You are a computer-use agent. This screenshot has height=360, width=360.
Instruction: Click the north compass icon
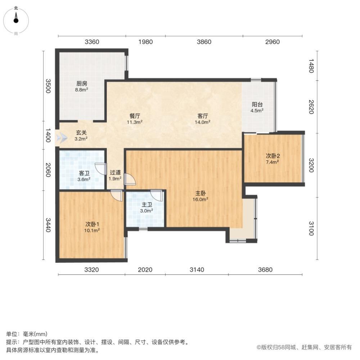[16, 20]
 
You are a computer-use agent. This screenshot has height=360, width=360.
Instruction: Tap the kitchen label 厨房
[82, 84]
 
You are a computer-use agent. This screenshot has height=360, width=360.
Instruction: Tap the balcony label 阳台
[257, 105]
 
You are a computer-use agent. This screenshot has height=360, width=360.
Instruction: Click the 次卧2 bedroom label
[273, 156]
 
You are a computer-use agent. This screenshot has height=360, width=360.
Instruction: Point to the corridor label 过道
[115, 172]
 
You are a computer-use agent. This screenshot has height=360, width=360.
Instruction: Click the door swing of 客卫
[99, 168]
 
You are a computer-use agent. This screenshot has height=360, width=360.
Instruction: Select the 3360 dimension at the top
[92, 42]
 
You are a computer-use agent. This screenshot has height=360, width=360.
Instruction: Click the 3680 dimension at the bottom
[265, 270]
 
